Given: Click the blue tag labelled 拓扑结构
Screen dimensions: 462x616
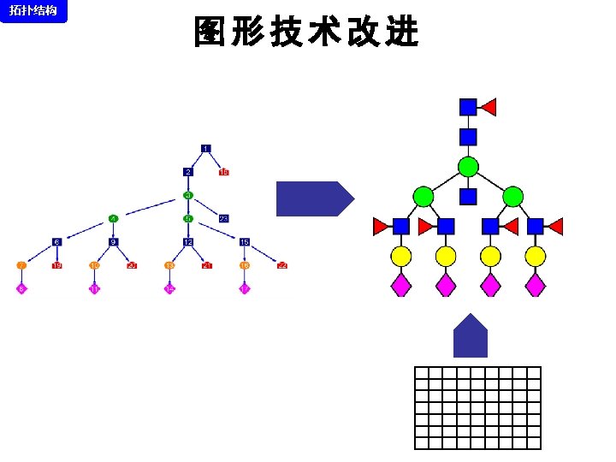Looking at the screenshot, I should (x=33, y=11).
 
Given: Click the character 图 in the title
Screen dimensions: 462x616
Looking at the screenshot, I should (x=210, y=33).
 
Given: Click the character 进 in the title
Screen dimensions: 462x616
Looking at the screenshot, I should (x=402, y=33).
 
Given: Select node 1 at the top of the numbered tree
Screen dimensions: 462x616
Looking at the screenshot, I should (x=205, y=149).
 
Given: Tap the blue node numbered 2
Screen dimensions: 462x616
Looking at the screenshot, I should (x=187, y=172).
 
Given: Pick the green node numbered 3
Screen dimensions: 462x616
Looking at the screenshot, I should (x=187, y=195).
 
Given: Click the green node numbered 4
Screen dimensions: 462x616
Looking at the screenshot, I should (x=113, y=218).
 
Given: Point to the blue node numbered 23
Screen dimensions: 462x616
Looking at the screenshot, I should (x=223, y=218).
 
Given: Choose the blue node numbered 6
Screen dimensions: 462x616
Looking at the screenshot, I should (x=56, y=242).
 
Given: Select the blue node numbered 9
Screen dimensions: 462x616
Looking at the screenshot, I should (x=113, y=242).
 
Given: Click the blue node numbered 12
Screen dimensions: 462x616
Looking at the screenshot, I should (x=187, y=242).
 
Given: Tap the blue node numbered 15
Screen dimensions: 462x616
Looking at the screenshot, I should (x=245, y=242).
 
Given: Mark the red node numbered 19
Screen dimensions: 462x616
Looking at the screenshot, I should (x=56, y=265).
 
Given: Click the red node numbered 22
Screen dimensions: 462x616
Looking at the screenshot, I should (x=281, y=265).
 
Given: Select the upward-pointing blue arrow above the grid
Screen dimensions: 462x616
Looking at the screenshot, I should (x=470, y=336).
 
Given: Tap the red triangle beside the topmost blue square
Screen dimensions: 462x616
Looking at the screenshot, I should (x=489, y=107).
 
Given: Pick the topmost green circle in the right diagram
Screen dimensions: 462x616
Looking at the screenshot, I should (x=468, y=167).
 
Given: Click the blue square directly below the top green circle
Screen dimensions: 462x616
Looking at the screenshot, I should (x=468, y=197).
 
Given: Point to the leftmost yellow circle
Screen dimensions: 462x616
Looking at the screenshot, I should (x=401, y=256).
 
